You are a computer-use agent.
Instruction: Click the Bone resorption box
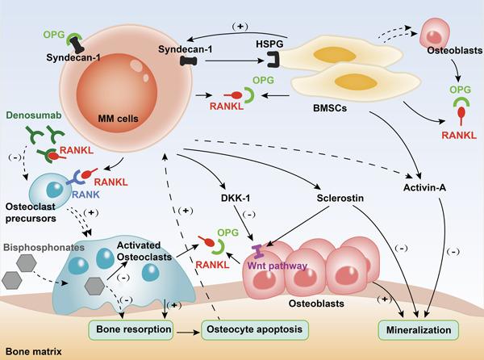point(131,330)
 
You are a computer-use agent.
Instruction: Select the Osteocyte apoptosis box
point(255,330)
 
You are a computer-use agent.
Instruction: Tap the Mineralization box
point(419,330)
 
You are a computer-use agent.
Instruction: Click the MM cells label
point(118,119)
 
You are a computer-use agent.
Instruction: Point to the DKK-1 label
point(236,198)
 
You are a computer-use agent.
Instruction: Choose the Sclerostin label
point(340,198)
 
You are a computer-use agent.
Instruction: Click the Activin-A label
point(425,188)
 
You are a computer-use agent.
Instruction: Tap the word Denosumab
point(34,115)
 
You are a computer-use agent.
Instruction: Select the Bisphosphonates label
point(44,248)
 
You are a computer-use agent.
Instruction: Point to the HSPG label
point(269,44)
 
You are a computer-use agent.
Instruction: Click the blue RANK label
point(86,195)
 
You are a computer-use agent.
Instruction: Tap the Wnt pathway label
point(277,266)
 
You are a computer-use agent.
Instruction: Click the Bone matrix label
point(34,352)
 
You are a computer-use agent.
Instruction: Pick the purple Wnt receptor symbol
point(257,251)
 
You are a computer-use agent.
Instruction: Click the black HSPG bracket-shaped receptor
point(273,59)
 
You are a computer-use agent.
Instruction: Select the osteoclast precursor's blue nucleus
point(55,189)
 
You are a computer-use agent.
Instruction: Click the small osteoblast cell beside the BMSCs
point(434,33)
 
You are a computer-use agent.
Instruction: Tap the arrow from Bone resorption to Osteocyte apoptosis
point(188,333)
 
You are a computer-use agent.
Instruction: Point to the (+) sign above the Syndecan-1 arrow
point(240,27)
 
